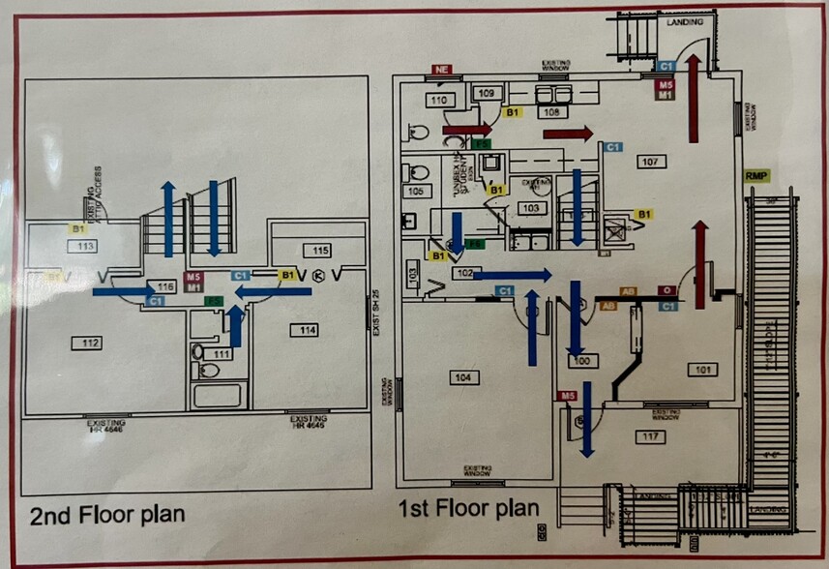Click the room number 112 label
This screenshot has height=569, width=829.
pos(91,344)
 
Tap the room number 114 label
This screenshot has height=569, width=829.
pos(308,331)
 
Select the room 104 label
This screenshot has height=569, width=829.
pos(465,376)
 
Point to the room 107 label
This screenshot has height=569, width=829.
pos(650,162)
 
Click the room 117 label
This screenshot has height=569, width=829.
pos(650,437)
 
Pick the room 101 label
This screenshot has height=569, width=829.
pos(702,368)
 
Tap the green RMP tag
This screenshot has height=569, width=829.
pos(755,175)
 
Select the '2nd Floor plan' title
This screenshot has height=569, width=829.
pos(106,514)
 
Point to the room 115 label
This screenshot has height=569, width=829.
pos(309,250)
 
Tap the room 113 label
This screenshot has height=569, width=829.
pos(83,246)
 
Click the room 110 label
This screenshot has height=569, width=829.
pos(440,100)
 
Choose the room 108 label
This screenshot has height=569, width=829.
pos(551,112)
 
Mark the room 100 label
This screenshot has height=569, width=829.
pos(581,361)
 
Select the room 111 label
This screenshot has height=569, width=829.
pos(221,354)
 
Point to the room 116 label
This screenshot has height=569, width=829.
pos(165,287)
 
